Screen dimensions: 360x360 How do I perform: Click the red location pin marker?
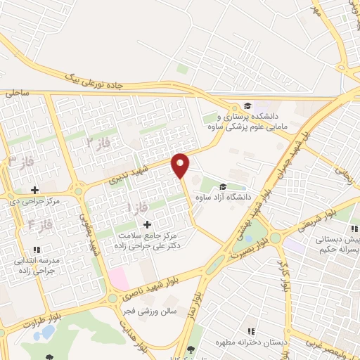(181, 165)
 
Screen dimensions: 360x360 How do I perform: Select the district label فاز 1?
(132, 207)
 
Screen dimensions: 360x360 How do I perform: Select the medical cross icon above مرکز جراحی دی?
(34, 190)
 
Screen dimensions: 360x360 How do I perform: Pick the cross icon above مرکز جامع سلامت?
(146, 224)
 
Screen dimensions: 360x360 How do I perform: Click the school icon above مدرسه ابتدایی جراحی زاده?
(37, 249)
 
